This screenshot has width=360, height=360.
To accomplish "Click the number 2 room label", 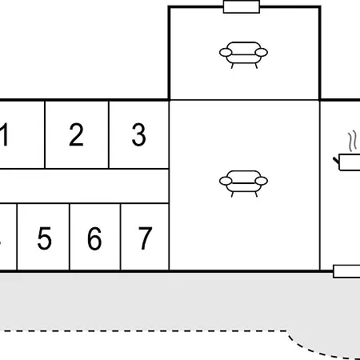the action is [76, 134].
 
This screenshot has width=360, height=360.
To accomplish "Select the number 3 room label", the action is [139, 134].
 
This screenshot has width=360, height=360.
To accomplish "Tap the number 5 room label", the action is [44, 238].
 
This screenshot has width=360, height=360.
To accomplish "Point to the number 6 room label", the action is [94, 238].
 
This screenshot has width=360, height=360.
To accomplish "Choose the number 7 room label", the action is [146, 238].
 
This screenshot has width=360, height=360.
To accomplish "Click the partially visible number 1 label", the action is [4, 134].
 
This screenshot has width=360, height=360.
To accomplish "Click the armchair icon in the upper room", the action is [243, 55].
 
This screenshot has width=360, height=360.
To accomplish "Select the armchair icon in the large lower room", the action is [243, 184].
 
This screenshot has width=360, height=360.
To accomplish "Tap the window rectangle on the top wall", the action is [242, 6].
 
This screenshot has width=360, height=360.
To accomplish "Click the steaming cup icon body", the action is [350, 162].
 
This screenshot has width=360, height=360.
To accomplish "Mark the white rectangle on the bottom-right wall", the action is [346, 271].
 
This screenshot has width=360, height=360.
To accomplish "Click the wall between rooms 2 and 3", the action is [109, 134].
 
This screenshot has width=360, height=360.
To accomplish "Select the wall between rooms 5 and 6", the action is [70, 237].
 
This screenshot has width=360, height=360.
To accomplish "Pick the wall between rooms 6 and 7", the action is [121, 237].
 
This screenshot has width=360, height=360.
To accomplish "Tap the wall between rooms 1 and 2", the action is [45, 134].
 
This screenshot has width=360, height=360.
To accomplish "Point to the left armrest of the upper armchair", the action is [226, 53].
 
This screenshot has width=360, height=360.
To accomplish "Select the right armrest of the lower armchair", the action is [262, 181].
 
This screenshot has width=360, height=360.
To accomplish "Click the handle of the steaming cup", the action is [336, 161].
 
